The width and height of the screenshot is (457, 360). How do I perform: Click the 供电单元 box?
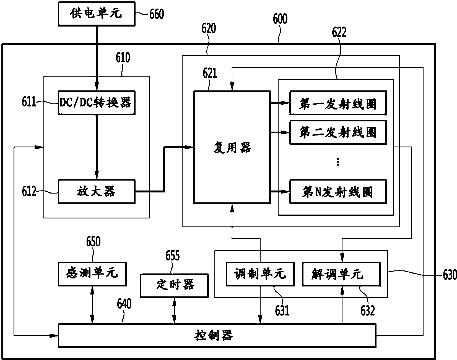(x=97, y=14)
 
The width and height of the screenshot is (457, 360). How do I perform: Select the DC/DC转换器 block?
(x=97, y=103)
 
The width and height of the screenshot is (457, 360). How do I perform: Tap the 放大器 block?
(x=97, y=192)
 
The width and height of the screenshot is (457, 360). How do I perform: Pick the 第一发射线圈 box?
(x=338, y=103)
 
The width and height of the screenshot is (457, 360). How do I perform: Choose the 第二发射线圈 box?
(x=338, y=132)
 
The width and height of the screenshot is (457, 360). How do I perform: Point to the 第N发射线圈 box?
(x=338, y=192)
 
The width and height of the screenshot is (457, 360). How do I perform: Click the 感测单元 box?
(x=92, y=274)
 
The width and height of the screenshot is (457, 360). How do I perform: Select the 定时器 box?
(x=174, y=286)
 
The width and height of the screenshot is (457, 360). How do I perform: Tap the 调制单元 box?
(x=260, y=274)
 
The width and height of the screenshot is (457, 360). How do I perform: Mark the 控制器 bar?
(x=217, y=336)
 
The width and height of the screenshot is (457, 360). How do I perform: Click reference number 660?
(x=157, y=14)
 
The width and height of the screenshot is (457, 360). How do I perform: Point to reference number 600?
(x=280, y=19)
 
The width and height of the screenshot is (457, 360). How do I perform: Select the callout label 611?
(x=29, y=102)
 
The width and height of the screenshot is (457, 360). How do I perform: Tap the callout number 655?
(x=172, y=255)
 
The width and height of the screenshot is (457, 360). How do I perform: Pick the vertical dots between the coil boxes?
(x=338, y=162)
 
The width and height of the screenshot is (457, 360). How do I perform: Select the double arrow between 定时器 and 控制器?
(x=174, y=311)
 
